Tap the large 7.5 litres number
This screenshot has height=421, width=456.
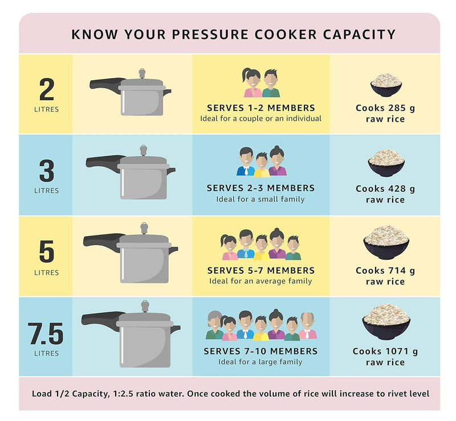coord(46,333)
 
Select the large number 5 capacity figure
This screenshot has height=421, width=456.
coord(46,251)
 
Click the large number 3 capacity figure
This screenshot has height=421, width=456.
coord(46,170)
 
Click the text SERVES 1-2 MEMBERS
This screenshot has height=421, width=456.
coord(260,108)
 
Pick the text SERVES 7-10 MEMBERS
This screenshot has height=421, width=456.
coord(260,351)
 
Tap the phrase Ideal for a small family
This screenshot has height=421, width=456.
coord(260,199)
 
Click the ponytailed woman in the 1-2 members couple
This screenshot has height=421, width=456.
coord(252,82)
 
